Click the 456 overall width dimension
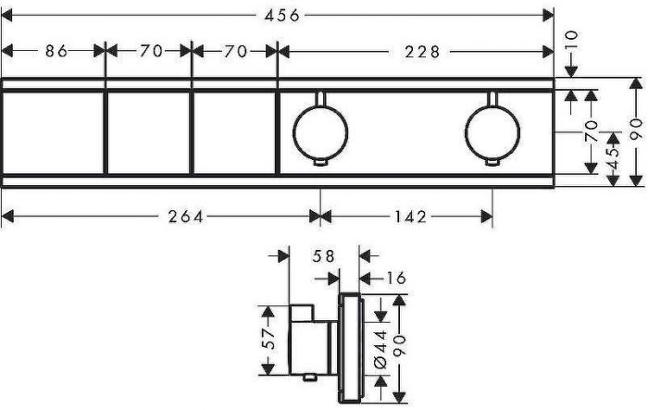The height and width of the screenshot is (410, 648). click(281, 16)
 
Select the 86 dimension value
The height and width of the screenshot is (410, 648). click(56, 51)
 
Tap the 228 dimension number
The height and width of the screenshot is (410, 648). click(422, 52)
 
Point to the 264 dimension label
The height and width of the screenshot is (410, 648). click(185, 217)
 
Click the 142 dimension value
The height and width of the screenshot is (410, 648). click(409, 217)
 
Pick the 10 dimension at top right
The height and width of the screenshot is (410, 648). click(571, 42)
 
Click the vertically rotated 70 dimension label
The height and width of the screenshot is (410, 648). click(592, 131)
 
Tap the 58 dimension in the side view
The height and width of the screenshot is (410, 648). click(323, 256)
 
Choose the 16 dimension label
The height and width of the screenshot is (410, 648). click(395, 279)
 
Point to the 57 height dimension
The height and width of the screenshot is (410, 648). click(269, 338)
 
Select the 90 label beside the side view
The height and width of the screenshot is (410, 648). click(400, 345)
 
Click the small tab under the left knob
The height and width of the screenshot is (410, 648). click(320, 163)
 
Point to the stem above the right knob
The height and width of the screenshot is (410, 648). click(492, 99)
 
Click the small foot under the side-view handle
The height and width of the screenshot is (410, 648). click(308, 377)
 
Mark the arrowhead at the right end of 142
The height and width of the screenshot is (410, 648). click(487, 217)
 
